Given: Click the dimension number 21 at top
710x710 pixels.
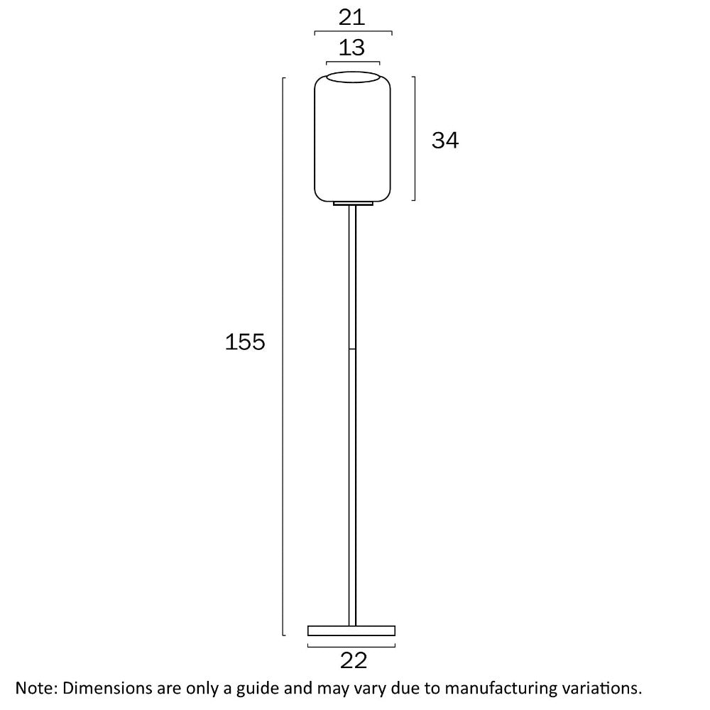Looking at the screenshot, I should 352,16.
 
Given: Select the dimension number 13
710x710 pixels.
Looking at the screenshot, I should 352,48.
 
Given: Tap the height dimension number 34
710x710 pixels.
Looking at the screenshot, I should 445,141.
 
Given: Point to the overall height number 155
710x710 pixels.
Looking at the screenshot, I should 245,342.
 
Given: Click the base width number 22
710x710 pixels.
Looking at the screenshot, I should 353,660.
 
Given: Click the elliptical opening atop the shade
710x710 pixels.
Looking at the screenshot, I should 353,78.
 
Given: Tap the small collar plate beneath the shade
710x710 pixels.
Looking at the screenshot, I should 353,204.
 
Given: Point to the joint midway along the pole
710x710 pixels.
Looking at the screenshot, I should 353,349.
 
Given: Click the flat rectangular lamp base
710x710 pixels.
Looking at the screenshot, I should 351,630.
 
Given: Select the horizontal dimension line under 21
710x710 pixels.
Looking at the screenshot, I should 353,32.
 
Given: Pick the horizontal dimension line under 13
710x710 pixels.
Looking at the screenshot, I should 353,62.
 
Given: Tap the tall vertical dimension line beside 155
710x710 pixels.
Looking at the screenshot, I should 283,355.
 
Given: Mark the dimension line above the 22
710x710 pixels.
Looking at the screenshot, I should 351,645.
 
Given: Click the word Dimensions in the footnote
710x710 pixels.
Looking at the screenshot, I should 108,688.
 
